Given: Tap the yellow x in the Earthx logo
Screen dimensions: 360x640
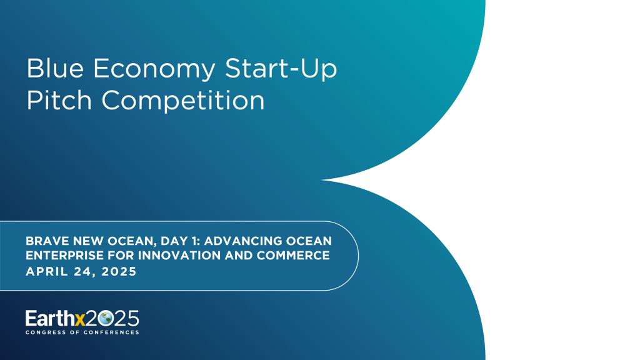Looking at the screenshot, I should (x=80, y=318).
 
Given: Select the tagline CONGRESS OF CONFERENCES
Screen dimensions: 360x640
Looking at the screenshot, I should (x=82, y=332).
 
